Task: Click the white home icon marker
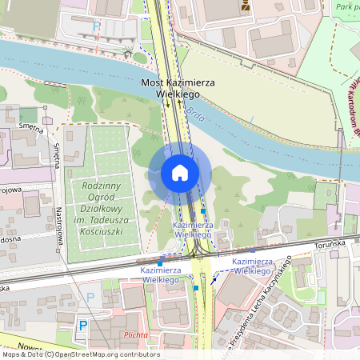pyautogui.click(x=180, y=173)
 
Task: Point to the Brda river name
pyautogui.click(x=195, y=118)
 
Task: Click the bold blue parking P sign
pyautogui.click(x=82, y=326)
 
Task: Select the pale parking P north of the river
pyautogui.click(x=98, y=26)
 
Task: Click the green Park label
pyautogui.click(x=346, y=6)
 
